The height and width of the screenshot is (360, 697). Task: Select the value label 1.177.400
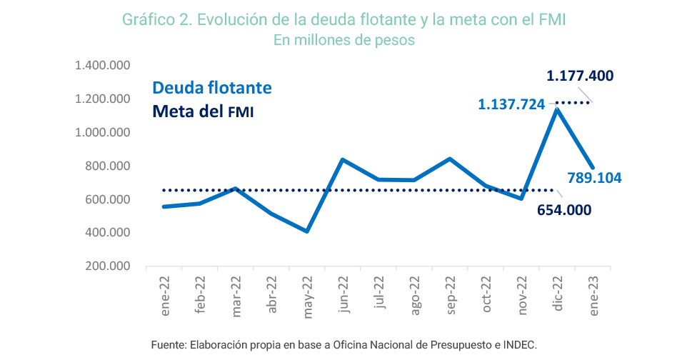[580, 76]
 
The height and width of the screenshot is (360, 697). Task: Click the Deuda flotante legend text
[211, 88]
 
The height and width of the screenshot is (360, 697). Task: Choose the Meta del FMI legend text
[204, 112]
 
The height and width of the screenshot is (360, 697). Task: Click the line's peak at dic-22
[556, 109]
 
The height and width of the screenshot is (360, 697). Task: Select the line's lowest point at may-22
[307, 231]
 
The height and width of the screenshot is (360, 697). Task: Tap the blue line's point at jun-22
[343, 159]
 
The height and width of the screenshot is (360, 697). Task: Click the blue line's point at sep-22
[450, 159]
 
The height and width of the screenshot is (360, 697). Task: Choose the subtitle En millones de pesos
[344, 40]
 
